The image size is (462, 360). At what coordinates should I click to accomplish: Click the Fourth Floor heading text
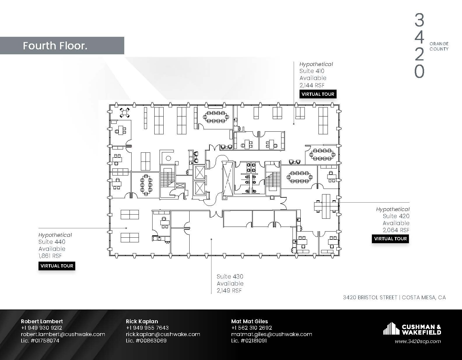(x=55, y=46)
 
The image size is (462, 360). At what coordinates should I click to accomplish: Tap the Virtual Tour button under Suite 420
(x=390, y=239)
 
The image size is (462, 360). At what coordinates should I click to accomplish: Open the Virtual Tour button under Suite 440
(x=57, y=266)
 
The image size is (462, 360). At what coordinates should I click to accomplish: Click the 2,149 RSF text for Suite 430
(x=229, y=291)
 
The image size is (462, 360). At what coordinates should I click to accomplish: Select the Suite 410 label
(x=312, y=71)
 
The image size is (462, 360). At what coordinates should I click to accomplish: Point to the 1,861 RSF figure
(x=50, y=256)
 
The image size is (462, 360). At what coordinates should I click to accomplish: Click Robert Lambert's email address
(x=63, y=334)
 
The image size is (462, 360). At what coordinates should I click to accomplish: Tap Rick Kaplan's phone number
(x=147, y=328)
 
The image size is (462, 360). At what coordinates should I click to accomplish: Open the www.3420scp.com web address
(x=418, y=341)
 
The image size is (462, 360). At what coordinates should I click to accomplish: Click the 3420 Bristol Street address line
(x=394, y=298)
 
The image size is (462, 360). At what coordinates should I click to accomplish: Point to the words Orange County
(x=439, y=46)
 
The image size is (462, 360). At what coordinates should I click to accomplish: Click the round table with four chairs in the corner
(x=125, y=112)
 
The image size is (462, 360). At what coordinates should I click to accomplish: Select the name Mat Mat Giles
(x=249, y=321)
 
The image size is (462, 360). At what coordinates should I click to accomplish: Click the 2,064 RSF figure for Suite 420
(x=396, y=230)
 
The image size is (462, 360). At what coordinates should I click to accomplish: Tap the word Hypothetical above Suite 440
(x=55, y=235)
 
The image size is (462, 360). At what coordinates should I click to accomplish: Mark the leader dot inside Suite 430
(x=211, y=239)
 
